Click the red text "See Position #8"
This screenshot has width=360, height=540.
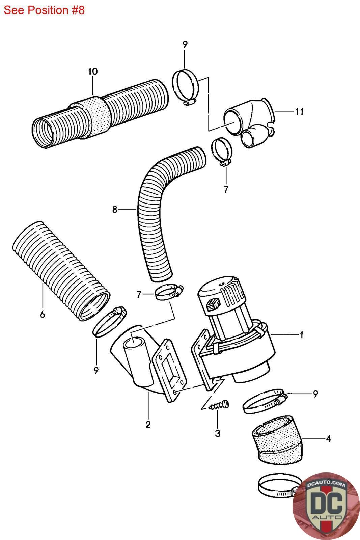tap(44, 10)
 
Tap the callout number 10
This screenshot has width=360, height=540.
tap(92, 72)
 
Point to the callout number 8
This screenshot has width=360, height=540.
tap(115, 210)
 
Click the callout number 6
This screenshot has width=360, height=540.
tap(42, 315)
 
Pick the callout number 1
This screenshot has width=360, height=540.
tap(301, 335)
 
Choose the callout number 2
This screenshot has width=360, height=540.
tap(148, 425)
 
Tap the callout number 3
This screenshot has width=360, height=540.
tap(217, 433)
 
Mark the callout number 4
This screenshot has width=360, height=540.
tap(328, 439)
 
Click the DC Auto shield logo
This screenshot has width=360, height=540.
tap(326, 506)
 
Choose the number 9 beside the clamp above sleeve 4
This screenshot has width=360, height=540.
tap(315, 394)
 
